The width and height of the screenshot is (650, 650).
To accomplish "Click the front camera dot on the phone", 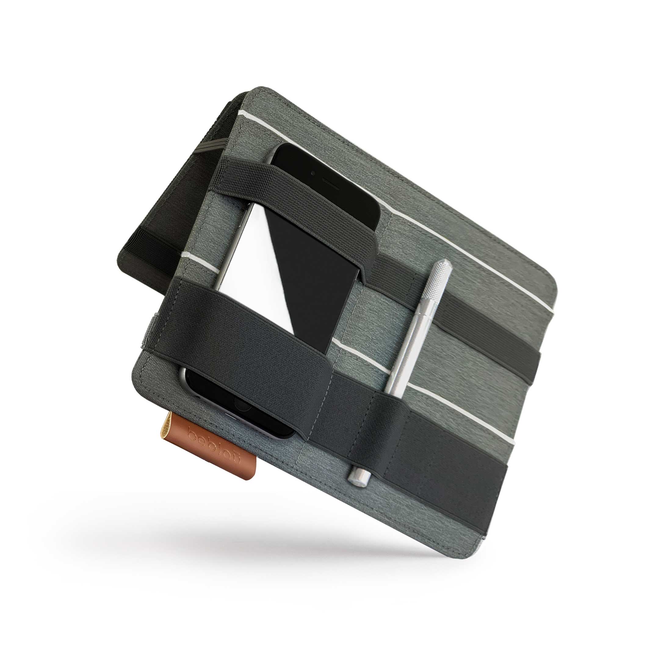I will coord(313,174).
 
